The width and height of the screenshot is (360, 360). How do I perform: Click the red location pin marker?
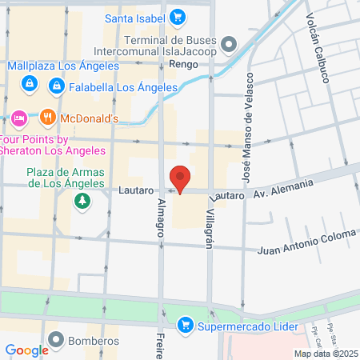click(180, 178)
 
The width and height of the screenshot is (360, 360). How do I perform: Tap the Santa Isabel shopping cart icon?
click(178, 16)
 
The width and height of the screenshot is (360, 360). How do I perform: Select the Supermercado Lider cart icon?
click(186, 326)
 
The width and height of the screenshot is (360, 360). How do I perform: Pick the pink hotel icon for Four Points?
click(20, 118)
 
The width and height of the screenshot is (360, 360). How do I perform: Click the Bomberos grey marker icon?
click(55, 339)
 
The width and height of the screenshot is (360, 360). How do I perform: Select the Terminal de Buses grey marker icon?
click(229, 42)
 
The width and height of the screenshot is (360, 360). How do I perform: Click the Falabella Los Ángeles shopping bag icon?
click(56, 84)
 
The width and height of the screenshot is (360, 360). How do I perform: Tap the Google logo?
click(26, 350)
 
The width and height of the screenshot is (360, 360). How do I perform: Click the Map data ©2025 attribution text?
click(324, 354)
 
